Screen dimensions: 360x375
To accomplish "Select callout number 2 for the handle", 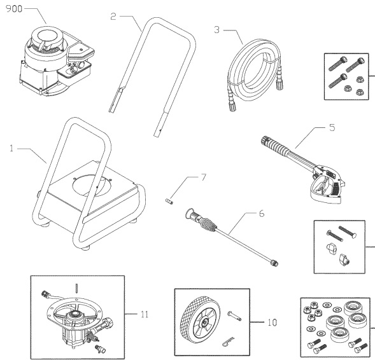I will coord(113,17).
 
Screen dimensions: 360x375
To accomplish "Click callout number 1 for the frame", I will coord(11,149).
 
